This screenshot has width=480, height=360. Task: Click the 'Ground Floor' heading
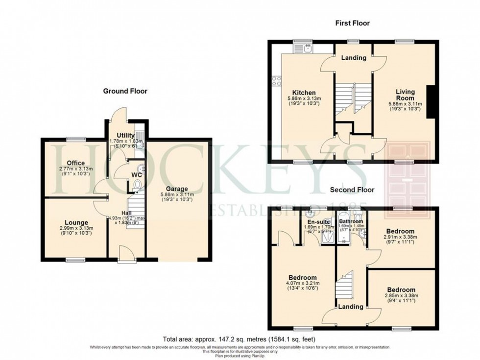(x=125, y=91)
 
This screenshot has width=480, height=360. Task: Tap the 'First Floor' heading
(x=352, y=23)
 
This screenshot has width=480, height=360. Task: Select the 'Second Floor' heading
(x=352, y=190)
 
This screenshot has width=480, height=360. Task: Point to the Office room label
(x=76, y=163)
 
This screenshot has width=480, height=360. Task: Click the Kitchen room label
(x=304, y=93)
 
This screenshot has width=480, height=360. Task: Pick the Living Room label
(x=405, y=95)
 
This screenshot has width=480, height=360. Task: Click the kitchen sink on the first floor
(x=307, y=48)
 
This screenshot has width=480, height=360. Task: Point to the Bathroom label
(x=351, y=221)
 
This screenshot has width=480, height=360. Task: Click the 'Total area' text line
(x=240, y=339)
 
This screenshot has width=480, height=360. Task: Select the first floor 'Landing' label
(x=354, y=58)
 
